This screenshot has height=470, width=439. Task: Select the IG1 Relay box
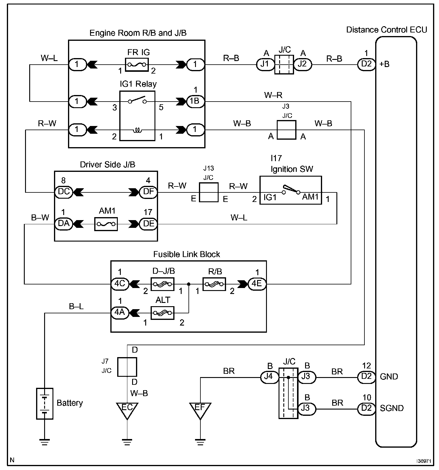137,116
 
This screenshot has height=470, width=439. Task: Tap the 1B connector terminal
195,101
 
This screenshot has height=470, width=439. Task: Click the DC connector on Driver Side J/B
64,192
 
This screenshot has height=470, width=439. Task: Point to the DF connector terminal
148,192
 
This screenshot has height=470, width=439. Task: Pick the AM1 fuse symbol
106,224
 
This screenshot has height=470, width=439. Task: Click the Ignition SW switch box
290,190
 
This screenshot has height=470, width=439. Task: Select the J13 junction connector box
208,192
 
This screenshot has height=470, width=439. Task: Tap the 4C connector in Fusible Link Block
120,284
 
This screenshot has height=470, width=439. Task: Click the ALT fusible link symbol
162,313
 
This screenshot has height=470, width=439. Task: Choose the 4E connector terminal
257,284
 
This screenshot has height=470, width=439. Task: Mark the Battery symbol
44,404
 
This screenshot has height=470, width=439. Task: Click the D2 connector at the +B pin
366,64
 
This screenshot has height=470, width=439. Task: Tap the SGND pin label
392,408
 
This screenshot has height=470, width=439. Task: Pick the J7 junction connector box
127,367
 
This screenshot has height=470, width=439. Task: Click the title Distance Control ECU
387,30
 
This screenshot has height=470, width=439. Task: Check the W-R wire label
273,95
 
